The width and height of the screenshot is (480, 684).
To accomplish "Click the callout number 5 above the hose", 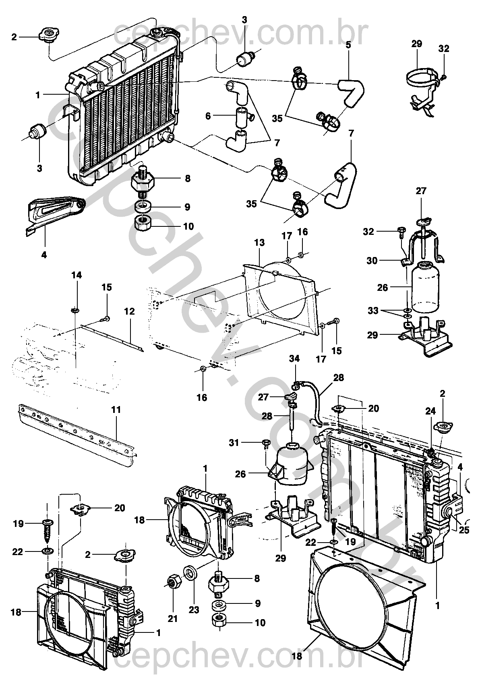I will click(348, 45).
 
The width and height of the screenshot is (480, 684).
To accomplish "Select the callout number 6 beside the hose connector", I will click(208, 116).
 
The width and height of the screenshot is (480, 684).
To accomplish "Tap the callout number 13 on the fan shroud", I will click(259, 243).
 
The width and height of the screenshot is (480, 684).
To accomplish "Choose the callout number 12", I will click(129, 311).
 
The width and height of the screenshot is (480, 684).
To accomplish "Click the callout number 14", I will click(77, 275).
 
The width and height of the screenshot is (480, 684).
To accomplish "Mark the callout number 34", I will click(295, 359).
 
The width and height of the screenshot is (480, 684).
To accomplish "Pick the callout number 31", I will click(234, 443).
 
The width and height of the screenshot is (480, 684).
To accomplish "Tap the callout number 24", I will click(430, 412).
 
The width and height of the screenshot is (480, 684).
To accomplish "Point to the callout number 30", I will click(372, 261).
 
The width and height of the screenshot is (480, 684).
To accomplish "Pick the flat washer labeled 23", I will click(190, 573).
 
